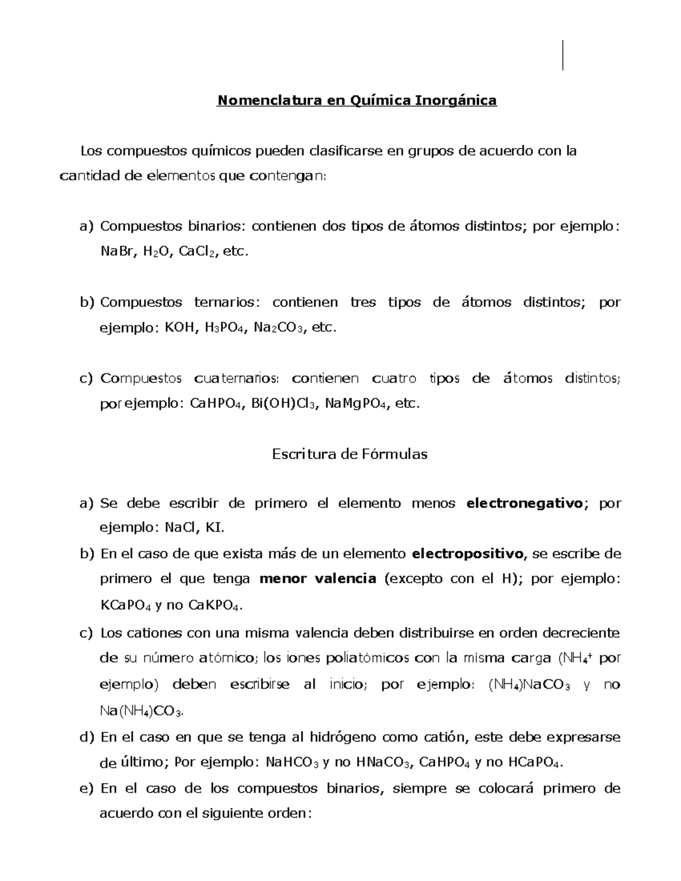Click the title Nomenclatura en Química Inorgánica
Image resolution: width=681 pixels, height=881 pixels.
click(357, 101)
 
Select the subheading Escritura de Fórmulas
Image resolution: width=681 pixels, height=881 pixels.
click(350, 454)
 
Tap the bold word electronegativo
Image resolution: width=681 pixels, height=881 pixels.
click(524, 503)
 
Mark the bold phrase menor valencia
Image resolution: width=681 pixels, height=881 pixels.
click(318, 579)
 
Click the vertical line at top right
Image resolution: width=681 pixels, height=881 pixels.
click(562, 56)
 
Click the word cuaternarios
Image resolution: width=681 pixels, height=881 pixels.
click(236, 378)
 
